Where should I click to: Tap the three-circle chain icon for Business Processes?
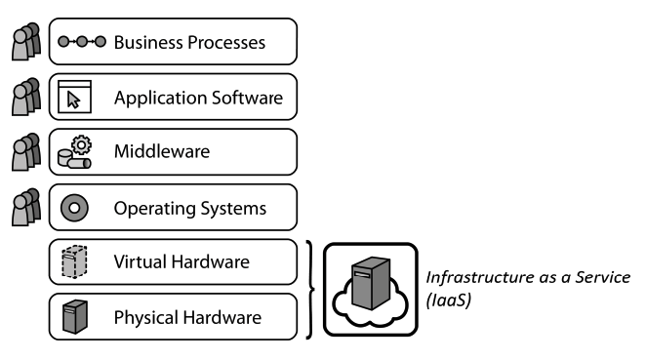(81, 43)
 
